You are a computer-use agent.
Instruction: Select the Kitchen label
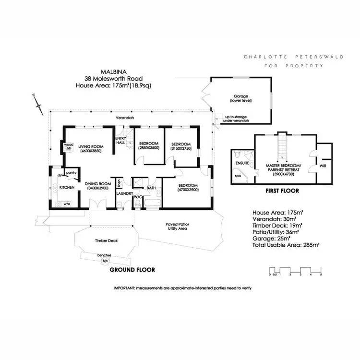(67, 187)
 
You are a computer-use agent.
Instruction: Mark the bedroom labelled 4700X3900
(187, 187)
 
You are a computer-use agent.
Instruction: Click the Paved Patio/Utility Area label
(177, 226)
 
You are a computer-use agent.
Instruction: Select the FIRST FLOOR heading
(282, 191)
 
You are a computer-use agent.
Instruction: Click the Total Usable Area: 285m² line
(286, 244)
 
